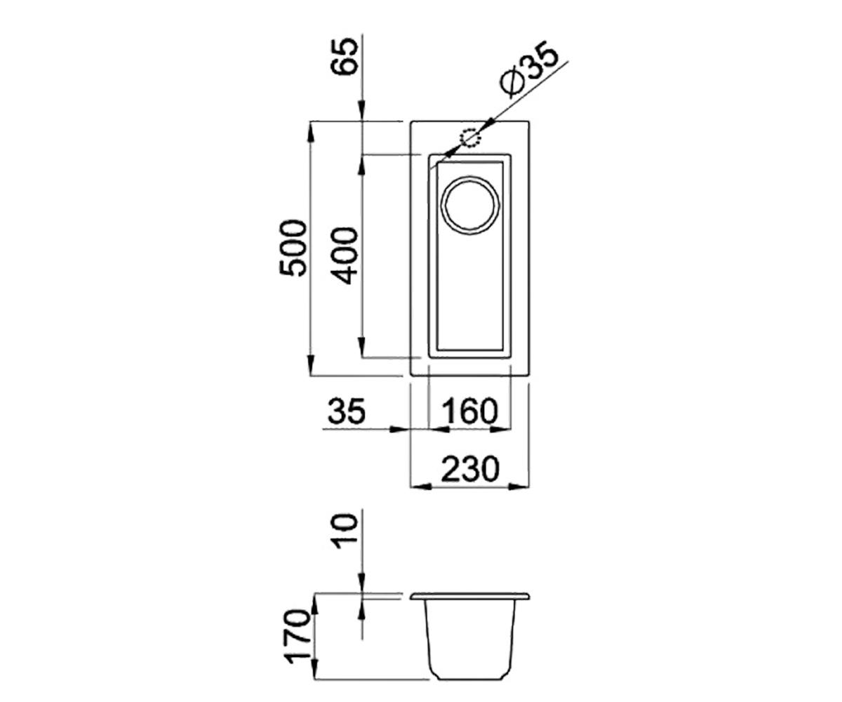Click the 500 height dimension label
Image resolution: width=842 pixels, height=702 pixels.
(293, 247)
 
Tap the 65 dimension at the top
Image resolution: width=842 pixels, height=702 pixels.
(344, 56)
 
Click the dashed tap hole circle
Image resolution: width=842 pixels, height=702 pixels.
(470, 138)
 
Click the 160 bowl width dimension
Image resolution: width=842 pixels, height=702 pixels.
(471, 411)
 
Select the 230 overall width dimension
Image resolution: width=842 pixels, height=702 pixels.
(470, 468)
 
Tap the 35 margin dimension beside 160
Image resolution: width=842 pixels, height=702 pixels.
(347, 411)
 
